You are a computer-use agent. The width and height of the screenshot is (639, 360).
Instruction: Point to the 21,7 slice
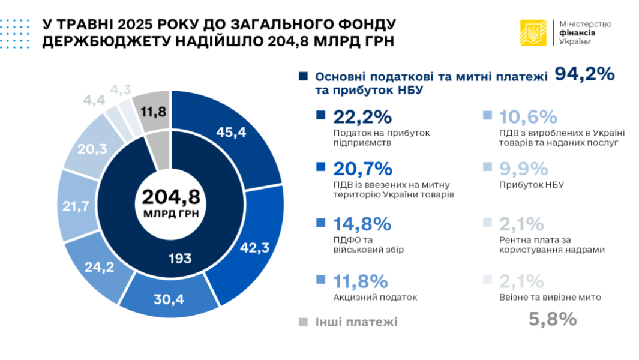[x=76, y=206]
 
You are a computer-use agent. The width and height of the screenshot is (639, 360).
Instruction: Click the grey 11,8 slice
[x=153, y=112]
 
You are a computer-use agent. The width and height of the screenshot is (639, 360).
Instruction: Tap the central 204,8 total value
[x=170, y=196]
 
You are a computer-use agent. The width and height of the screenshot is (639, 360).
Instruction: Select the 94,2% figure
[x=585, y=74]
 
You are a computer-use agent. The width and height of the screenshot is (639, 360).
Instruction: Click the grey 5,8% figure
[x=552, y=319]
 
